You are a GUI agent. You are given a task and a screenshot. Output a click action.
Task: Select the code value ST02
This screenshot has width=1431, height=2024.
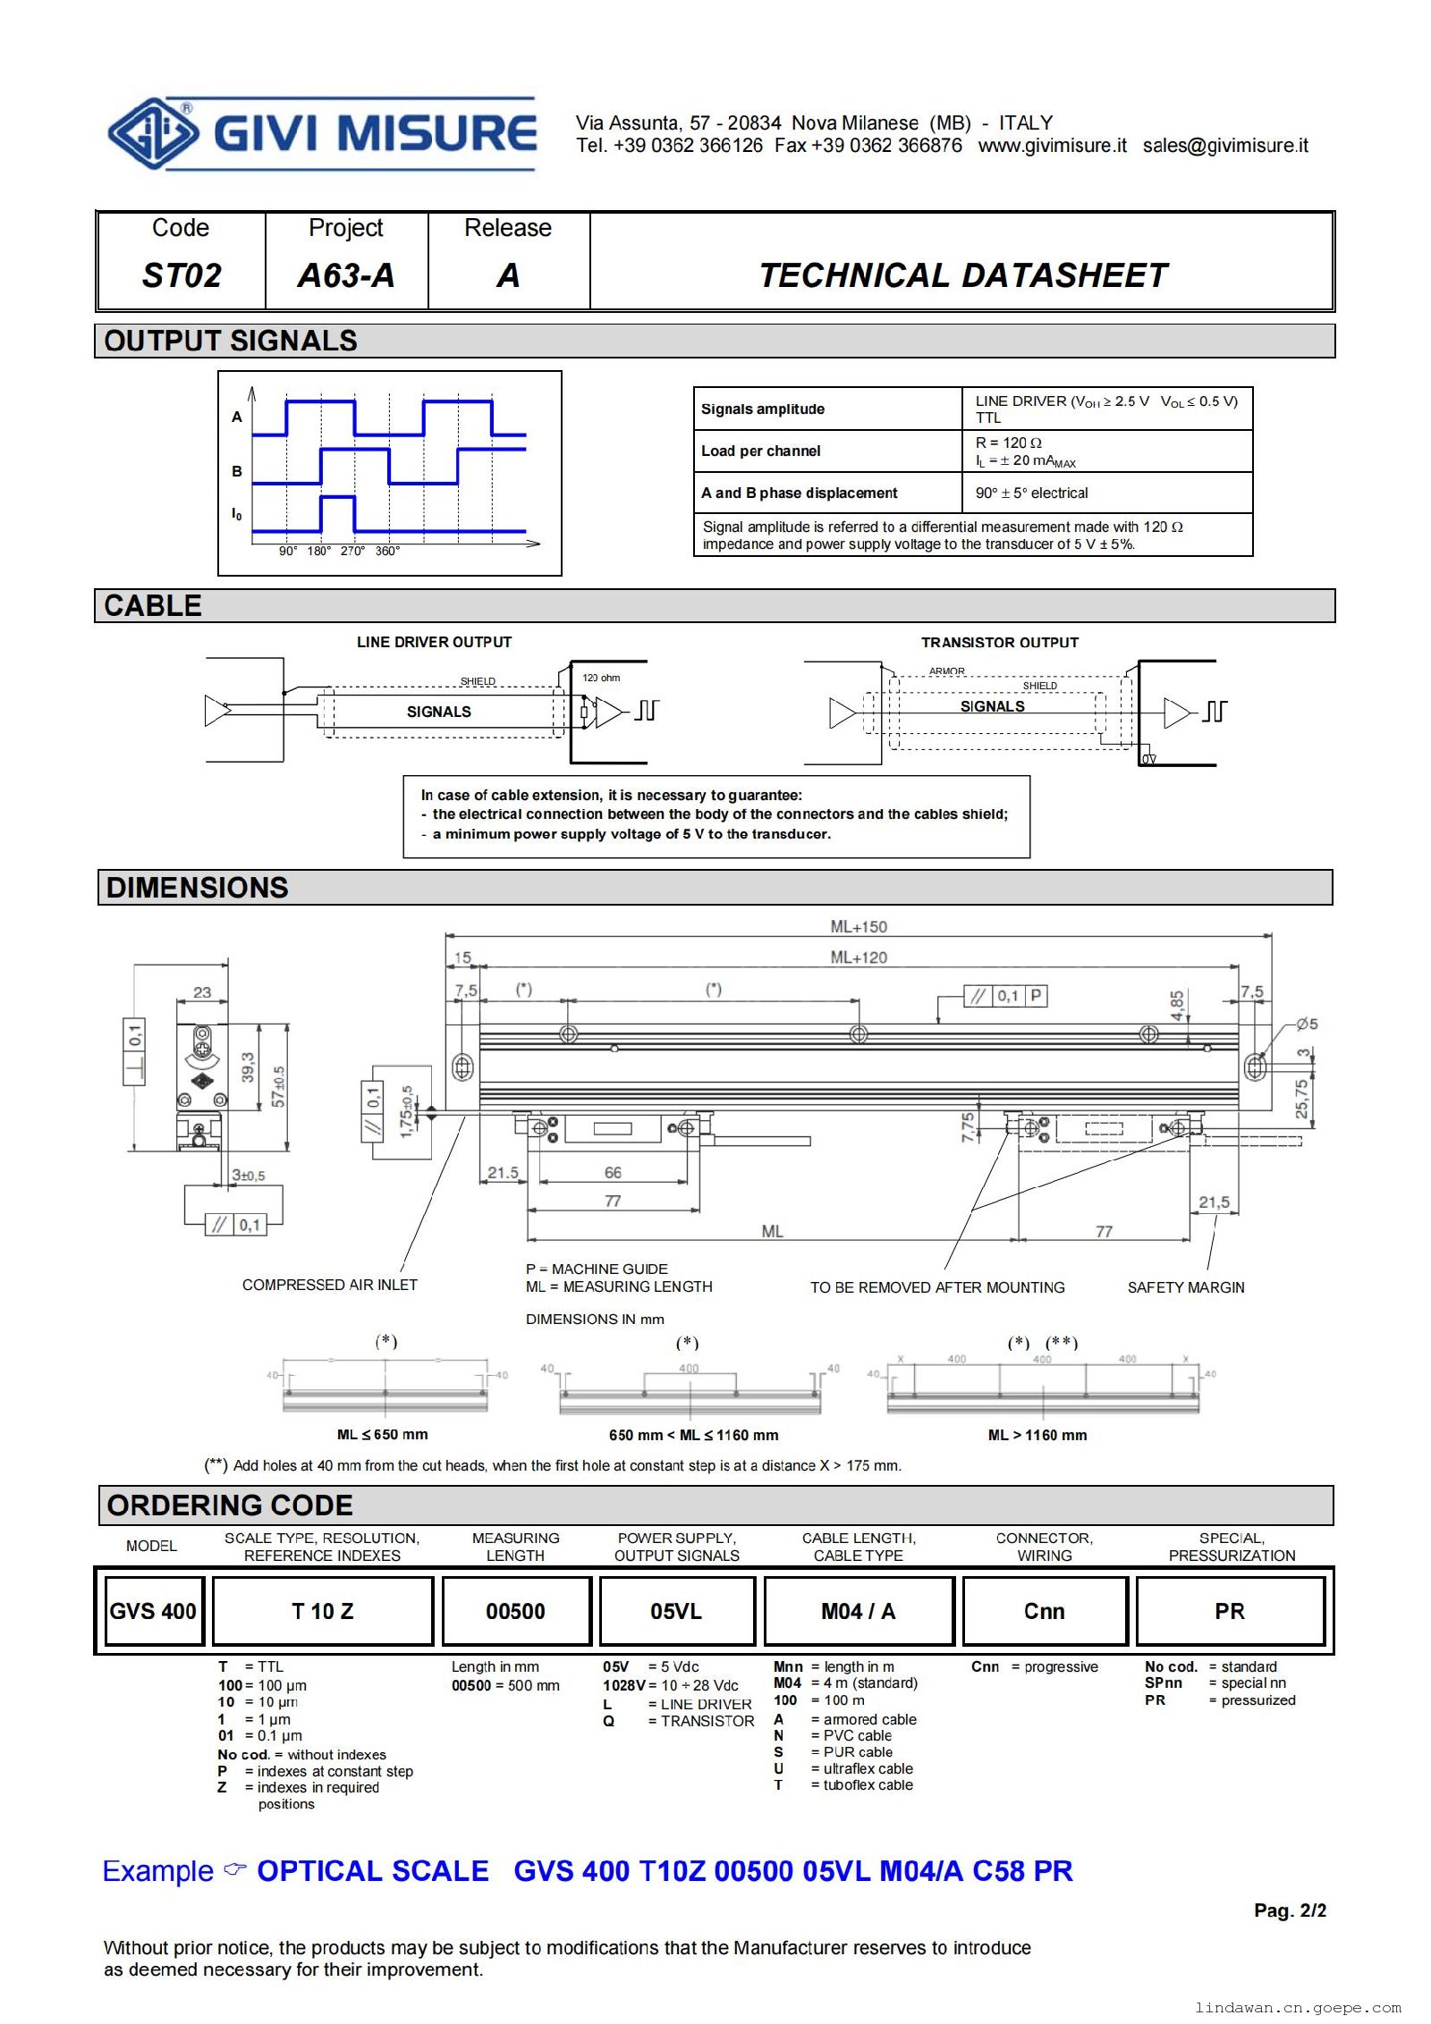181,275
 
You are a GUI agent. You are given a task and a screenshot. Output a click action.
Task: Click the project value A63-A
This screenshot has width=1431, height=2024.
346,275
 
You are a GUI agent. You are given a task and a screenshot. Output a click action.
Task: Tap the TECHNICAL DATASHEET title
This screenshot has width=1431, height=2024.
962,275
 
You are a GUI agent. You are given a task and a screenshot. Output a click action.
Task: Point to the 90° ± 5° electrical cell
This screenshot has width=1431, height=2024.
1031,493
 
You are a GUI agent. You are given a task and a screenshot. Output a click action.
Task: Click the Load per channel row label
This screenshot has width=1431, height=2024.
760,451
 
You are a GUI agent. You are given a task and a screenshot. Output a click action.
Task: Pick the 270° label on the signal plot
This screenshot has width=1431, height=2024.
352,551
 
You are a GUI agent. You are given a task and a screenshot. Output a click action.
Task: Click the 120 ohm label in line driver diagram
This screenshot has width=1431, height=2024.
601,678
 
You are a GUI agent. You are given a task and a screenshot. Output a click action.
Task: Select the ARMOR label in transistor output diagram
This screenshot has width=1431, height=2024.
946,670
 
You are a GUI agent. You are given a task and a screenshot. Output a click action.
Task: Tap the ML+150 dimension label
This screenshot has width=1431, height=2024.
858,926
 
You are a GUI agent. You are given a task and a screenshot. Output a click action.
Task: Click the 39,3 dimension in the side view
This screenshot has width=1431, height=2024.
248,1067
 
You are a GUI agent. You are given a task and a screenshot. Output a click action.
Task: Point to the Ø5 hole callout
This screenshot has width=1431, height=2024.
1306,1024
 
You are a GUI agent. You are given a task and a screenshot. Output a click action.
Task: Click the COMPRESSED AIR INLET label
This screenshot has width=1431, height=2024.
329,1285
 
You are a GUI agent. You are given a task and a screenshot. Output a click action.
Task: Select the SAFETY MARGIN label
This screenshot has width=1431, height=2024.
1185,1287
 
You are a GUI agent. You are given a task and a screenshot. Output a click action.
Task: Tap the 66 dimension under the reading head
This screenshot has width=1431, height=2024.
613,1172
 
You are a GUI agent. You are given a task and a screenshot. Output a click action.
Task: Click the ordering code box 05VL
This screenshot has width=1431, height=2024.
676,1611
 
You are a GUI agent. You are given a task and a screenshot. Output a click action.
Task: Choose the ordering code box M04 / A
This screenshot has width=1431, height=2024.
858,1611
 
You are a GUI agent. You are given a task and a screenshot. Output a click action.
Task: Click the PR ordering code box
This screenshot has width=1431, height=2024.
1229,1611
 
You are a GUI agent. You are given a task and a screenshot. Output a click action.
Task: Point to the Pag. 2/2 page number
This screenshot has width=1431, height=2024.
1289,1910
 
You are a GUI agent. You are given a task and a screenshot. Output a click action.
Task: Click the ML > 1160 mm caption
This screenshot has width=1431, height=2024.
1037,1435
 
